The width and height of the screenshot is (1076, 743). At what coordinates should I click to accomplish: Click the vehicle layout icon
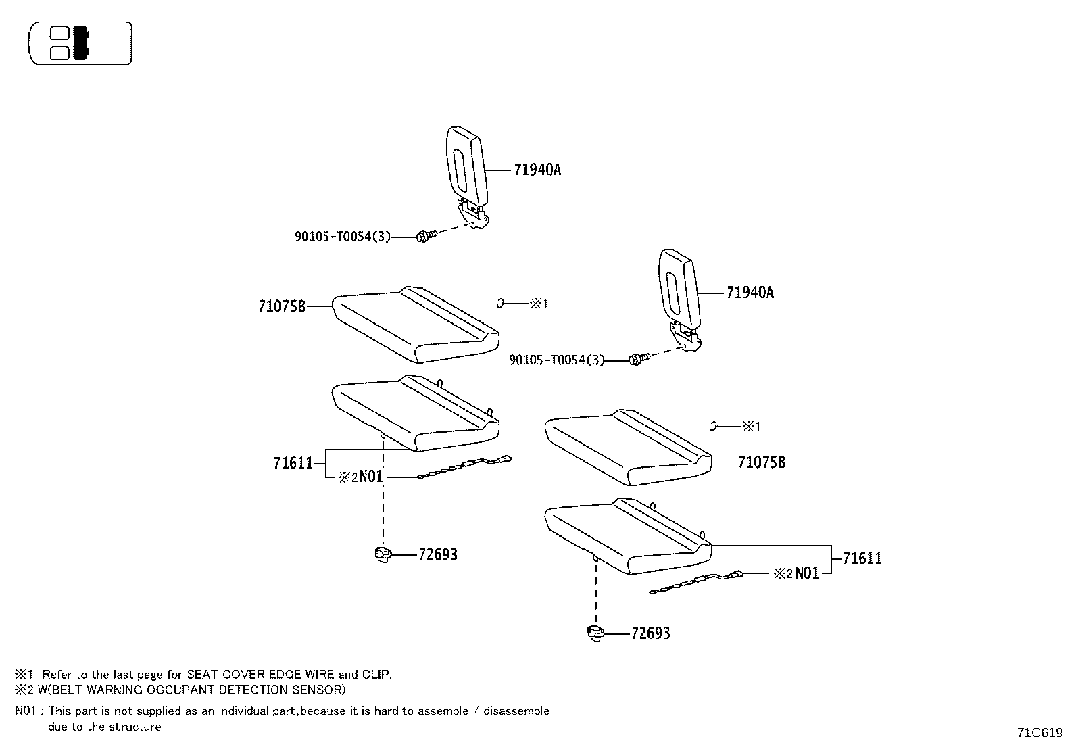[x=80, y=43]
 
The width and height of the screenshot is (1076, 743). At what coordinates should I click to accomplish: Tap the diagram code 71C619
[x=1040, y=732]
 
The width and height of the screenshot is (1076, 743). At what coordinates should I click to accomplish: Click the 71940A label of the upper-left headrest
[x=537, y=170]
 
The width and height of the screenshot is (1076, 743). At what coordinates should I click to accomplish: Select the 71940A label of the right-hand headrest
[x=750, y=293]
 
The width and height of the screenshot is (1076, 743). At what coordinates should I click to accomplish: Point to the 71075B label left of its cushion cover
[x=282, y=307]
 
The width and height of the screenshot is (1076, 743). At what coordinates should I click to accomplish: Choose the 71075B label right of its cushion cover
[x=762, y=463]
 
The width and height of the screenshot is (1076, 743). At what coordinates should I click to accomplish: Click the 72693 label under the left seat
[x=437, y=555]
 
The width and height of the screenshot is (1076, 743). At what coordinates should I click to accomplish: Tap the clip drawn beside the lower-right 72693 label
[x=595, y=633]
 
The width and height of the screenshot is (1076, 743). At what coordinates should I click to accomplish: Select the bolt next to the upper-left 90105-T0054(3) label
[x=424, y=236]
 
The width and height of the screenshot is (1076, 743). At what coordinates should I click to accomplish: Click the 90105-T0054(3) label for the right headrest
[x=556, y=361]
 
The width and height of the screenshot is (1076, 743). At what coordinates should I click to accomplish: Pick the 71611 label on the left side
[x=293, y=463]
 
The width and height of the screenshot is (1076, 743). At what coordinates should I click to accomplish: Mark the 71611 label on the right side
[x=862, y=559]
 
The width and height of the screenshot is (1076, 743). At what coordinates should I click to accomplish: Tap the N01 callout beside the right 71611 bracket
[x=806, y=573]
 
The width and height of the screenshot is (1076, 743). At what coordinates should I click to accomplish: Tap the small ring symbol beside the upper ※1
[x=500, y=304]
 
